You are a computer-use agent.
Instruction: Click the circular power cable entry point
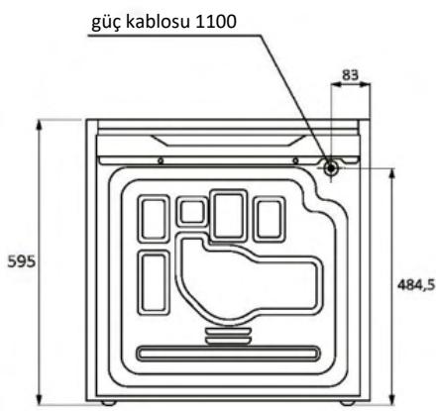coord(330,167)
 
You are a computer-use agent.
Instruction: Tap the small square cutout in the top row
coord(188,212)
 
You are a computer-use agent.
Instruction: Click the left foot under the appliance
coord(107,403)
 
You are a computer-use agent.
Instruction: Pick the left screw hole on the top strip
coord(160,159)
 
